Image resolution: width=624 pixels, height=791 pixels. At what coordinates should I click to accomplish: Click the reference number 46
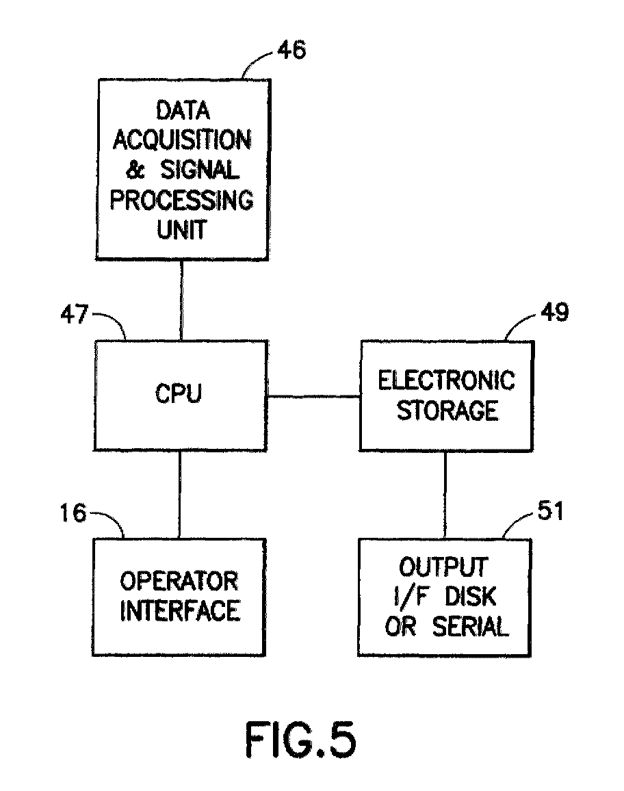click(x=291, y=50)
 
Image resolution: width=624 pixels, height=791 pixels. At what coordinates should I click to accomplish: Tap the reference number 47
click(x=74, y=314)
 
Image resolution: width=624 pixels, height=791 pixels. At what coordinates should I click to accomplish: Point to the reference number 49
click(x=555, y=312)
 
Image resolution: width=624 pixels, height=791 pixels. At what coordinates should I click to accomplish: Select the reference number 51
click(x=550, y=510)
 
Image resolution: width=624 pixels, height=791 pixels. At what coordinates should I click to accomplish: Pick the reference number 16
click(x=73, y=513)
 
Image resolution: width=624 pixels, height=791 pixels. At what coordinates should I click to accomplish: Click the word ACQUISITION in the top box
click(x=181, y=140)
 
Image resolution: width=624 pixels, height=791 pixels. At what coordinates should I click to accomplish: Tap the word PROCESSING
click(x=181, y=200)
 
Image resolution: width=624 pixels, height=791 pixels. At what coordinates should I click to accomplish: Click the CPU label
click(x=179, y=393)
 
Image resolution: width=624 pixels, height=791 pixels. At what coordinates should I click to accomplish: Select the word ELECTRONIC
click(x=446, y=380)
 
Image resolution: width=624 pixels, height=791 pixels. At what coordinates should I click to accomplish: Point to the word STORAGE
click(x=447, y=410)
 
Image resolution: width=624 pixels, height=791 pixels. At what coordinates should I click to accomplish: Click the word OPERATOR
click(x=179, y=581)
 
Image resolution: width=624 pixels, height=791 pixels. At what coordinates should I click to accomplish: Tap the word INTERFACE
click(x=180, y=611)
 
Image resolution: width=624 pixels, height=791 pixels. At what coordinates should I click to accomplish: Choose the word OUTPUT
click(x=444, y=567)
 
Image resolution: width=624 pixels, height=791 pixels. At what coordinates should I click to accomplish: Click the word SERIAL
click(x=470, y=627)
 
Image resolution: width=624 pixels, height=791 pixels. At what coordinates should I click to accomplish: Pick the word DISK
click(x=470, y=597)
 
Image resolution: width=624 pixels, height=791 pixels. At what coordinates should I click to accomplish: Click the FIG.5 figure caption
click(x=300, y=740)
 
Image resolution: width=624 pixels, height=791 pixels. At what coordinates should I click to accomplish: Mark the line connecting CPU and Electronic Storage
click(x=314, y=396)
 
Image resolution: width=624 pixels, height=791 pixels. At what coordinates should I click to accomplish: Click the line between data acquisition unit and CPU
click(x=181, y=300)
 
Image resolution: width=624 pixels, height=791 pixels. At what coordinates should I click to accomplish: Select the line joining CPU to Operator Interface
click(x=179, y=494)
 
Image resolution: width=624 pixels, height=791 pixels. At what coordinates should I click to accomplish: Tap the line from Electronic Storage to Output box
click(x=445, y=495)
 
